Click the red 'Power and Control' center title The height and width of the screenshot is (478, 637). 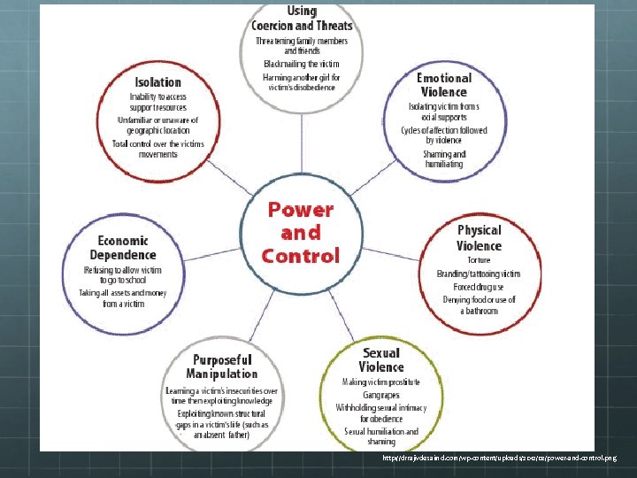(301, 233)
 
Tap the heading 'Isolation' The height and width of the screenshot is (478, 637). (158, 82)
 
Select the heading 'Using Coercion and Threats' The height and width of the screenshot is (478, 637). (302, 18)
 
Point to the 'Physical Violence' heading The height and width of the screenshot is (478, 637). (479, 237)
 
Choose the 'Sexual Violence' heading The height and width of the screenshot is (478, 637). (380, 359)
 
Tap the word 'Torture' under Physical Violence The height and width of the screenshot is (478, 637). (479, 260)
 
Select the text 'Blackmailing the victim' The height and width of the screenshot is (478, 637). (302, 64)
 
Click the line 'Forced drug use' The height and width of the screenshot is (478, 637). (479, 287)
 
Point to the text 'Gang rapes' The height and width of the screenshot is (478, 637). (381, 395)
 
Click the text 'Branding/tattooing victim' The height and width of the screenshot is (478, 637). (479, 274)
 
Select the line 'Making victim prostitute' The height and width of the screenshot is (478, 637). (381, 382)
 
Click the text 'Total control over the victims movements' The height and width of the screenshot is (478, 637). (158, 149)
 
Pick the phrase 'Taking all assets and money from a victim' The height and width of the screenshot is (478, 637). (124, 297)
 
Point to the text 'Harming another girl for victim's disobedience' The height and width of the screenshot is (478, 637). (302, 82)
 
